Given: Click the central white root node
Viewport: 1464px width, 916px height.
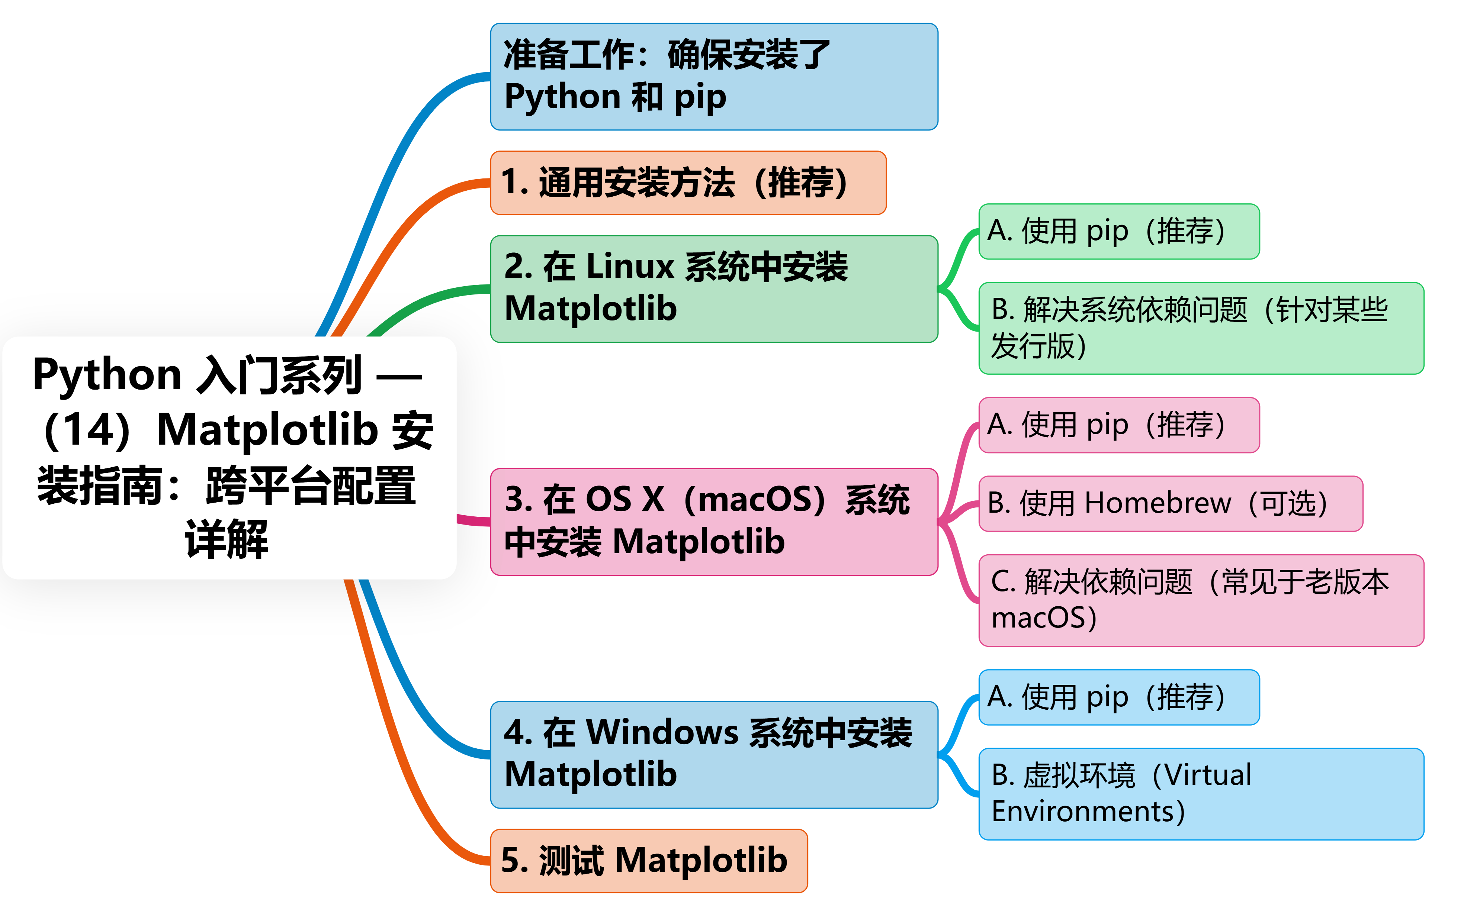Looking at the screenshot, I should click(x=229, y=457).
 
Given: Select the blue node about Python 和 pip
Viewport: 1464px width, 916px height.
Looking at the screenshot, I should click(x=714, y=76).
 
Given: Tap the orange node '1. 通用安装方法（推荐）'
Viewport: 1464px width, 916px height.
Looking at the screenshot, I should click(x=688, y=183).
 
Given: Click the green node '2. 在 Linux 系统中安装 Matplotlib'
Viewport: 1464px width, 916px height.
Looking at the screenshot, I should click(x=714, y=289).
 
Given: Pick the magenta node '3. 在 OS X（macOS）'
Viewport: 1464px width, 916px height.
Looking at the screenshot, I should click(x=714, y=522).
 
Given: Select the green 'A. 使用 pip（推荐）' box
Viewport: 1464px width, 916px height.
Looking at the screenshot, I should click(x=1118, y=232).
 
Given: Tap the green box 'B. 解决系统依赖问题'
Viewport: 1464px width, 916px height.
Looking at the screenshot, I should click(x=1201, y=328).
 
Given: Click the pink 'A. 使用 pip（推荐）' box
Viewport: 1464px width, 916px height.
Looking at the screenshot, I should click(x=1118, y=425).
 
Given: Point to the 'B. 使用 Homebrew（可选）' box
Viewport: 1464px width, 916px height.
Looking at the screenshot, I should click(x=1171, y=503).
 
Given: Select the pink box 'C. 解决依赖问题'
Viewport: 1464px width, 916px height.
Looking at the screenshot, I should click(x=1201, y=600).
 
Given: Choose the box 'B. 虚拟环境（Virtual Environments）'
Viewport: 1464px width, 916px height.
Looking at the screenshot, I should click(x=1201, y=794).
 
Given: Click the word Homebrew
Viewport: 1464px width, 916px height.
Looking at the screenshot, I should click(x=1158, y=503).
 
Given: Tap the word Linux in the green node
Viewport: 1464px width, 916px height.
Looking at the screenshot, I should click(x=630, y=267).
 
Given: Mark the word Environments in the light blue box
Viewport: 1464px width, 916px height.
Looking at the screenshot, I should click(x=1083, y=812).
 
